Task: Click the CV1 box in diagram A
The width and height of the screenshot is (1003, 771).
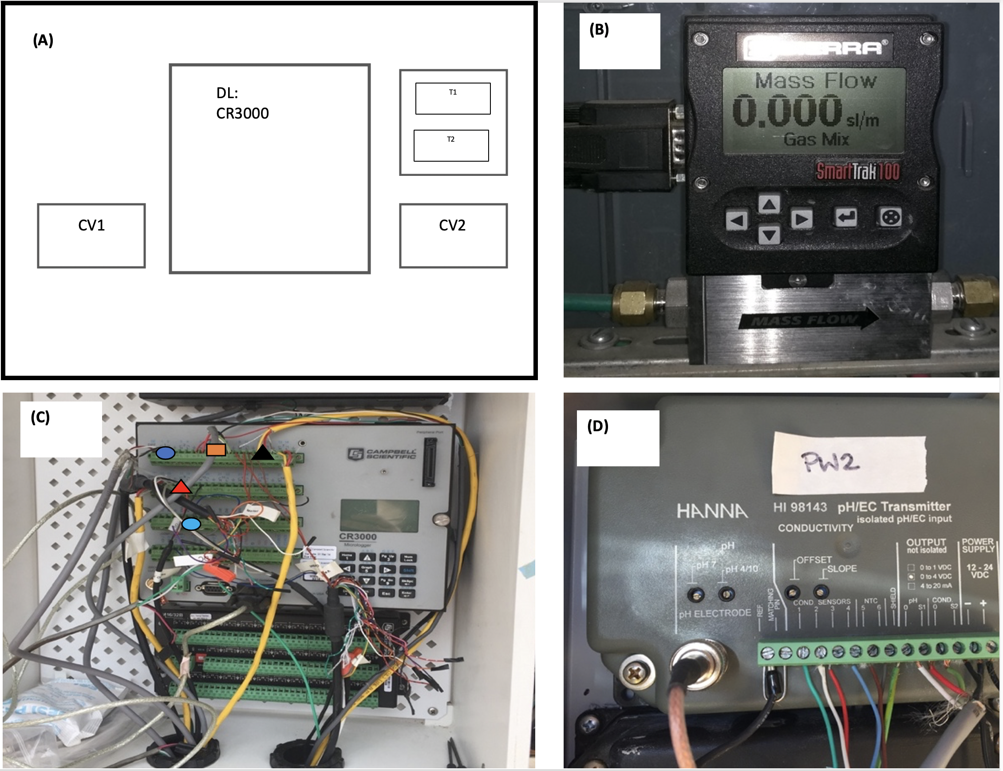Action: [x=91, y=235]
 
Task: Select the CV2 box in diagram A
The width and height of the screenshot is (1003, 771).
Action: [x=453, y=235]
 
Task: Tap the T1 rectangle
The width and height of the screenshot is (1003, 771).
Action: [x=453, y=98]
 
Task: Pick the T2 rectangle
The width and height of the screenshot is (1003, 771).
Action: [x=451, y=146]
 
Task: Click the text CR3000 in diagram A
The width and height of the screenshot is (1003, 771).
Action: [x=242, y=113]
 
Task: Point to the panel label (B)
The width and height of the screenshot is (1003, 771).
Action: [x=599, y=30]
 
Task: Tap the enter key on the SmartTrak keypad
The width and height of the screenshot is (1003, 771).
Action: [x=846, y=217]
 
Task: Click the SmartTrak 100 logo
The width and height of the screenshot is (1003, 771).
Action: [x=857, y=171]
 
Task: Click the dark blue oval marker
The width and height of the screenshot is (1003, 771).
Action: [x=165, y=453]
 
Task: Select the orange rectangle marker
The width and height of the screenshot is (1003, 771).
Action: [x=216, y=450]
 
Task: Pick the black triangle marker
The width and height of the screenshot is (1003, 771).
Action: [x=262, y=453]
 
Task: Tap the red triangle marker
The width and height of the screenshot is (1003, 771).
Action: [x=181, y=487]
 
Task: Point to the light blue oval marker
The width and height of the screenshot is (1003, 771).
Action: [x=191, y=524]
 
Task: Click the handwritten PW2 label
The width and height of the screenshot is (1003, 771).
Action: [x=830, y=462]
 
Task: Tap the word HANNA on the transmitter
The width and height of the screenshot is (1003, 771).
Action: [x=712, y=511]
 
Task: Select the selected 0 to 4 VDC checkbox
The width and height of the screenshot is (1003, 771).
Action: [x=911, y=576]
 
